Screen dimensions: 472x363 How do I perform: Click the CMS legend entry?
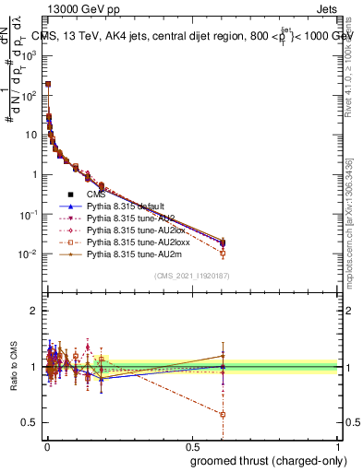(97, 194)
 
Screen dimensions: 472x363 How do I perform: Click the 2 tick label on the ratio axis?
(35, 311)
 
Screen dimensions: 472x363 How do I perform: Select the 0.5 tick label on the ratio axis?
(30, 422)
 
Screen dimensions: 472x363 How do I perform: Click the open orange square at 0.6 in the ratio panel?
(222, 414)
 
